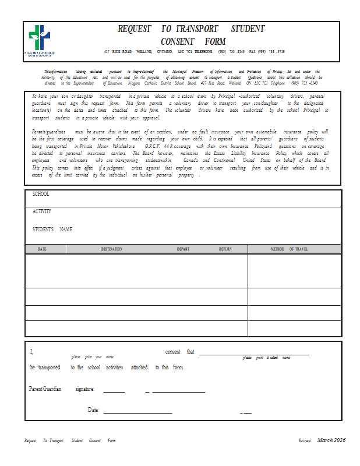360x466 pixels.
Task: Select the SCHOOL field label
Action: coord(41,194)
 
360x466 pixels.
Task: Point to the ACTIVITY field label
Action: coord(42,211)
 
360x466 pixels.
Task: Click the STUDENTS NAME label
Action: coord(52,230)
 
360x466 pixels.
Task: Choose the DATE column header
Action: coord(42,249)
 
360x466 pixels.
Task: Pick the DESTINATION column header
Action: coord(111,249)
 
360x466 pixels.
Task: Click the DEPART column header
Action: coord(183,249)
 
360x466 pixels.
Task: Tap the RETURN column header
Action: coord(225,249)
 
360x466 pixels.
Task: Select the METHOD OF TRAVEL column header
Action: coord(290,249)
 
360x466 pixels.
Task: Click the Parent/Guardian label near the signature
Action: coord(45,389)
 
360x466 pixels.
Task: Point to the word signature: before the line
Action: coord(85,389)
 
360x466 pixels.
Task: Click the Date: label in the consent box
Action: coord(94,410)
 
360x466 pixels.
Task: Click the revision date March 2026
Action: coord(331,440)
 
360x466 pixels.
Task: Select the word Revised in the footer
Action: coord(305,441)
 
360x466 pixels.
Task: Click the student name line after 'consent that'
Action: coord(254,354)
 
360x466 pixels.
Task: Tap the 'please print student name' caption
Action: coord(266,358)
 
